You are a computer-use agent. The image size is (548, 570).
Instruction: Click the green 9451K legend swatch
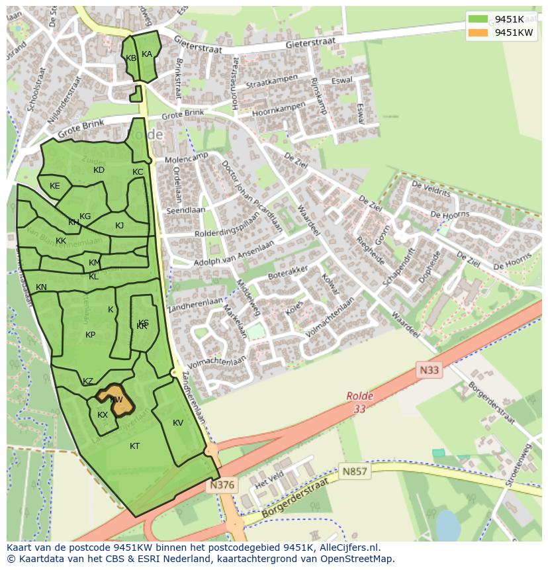coord(477,20)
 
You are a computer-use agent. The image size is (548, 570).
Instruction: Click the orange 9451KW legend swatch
coord(477,32)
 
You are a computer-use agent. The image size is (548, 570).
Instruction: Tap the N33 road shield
coord(428,371)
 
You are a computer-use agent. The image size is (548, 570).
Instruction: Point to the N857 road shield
coord(355,472)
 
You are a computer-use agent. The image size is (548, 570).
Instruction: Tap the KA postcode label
coord(147,54)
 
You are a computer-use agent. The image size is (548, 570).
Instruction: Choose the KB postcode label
coord(131,58)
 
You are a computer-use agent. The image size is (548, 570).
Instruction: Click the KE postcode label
coord(55,186)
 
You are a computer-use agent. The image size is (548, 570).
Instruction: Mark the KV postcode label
coord(178,423)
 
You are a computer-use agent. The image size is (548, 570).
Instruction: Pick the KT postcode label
coord(134,446)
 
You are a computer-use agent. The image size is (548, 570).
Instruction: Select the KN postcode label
coord(41,287)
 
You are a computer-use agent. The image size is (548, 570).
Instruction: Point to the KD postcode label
coord(99,170)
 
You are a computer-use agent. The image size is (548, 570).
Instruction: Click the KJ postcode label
coord(120,226)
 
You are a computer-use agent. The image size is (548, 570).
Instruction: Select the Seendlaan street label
coord(186,211)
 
